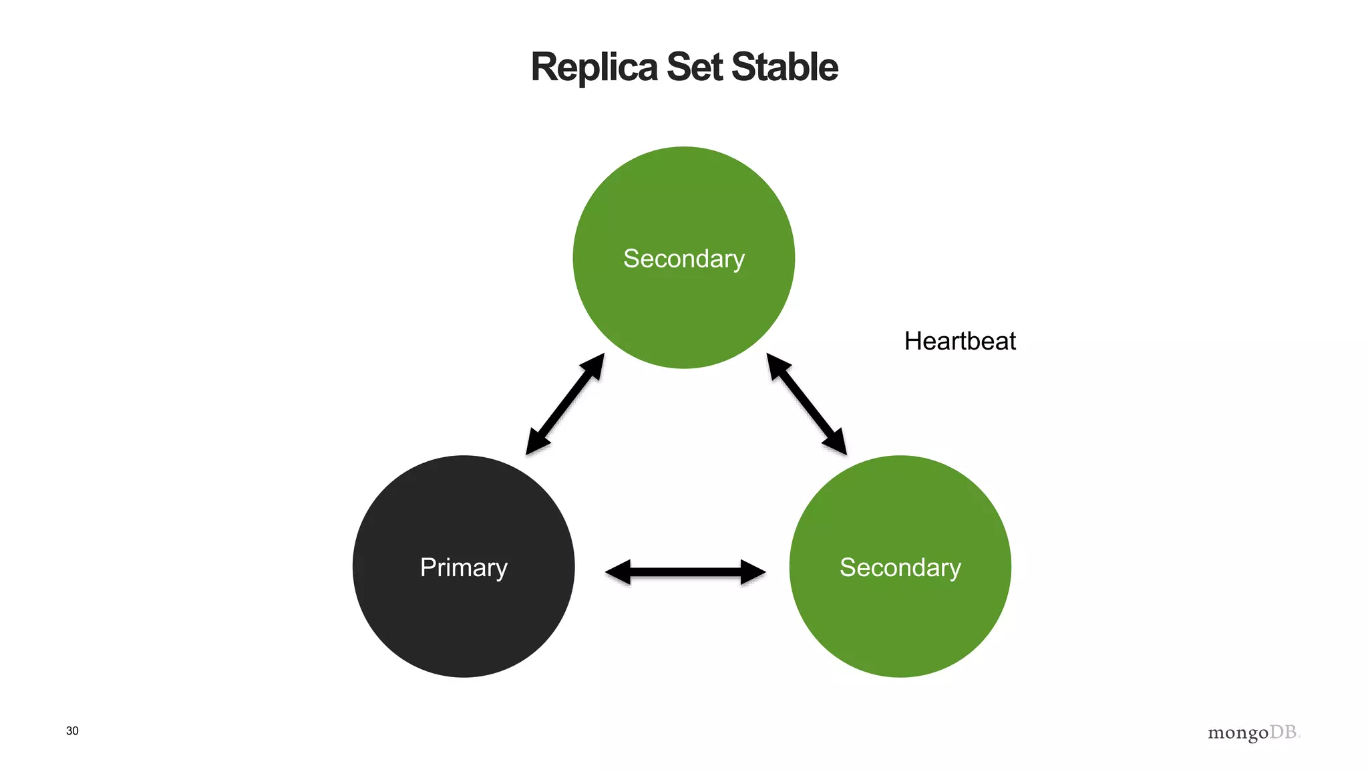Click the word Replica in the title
(594, 68)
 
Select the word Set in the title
(694, 68)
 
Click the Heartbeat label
(959, 342)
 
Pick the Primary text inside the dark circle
(464, 567)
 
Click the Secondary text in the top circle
(683, 259)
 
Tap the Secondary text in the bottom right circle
(900, 567)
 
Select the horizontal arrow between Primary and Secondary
(685, 571)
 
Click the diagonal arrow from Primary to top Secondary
(565, 404)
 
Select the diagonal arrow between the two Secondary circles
(806, 404)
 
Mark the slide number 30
(72, 731)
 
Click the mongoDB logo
(1254, 733)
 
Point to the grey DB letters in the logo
(1283, 732)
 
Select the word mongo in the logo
(1237, 733)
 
